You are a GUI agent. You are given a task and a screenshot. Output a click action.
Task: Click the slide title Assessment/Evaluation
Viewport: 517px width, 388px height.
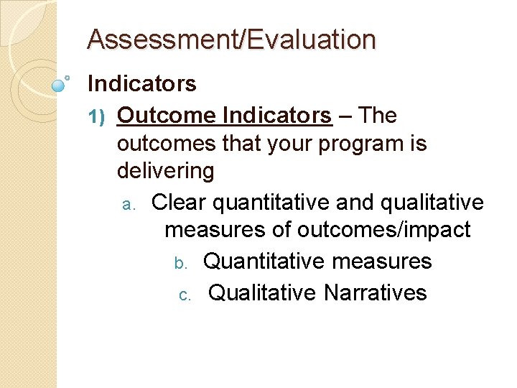click(x=230, y=40)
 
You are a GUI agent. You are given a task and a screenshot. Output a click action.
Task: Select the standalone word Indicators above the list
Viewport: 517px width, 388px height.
click(x=141, y=84)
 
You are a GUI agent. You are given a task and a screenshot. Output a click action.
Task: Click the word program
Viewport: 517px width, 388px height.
click(x=345, y=144)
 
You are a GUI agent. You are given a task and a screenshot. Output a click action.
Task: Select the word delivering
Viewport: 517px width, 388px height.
click(x=165, y=171)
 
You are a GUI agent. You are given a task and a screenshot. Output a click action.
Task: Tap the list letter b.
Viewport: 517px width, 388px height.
click(x=182, y=262)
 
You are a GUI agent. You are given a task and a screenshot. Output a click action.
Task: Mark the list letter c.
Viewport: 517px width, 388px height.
click(x=185, y=295)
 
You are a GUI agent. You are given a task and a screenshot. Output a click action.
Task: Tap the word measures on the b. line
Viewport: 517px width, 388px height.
click(x=382, y=261)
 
